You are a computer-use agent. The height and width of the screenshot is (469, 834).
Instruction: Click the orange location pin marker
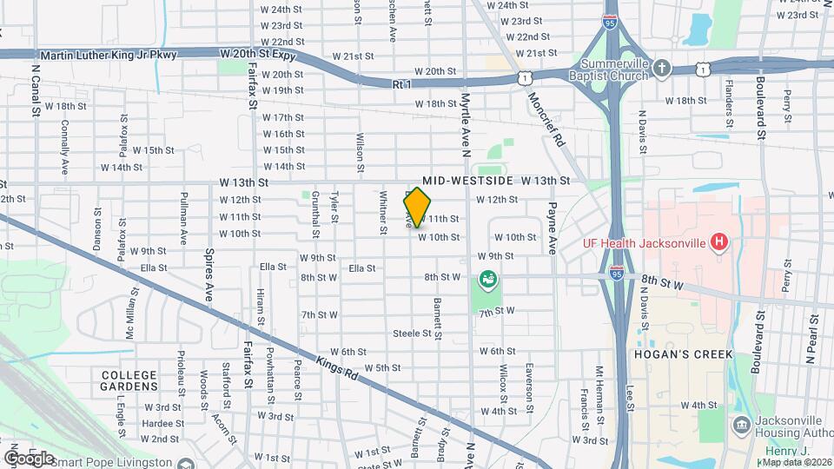[418, 207]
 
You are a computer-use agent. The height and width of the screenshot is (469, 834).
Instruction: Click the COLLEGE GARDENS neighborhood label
[129, 380]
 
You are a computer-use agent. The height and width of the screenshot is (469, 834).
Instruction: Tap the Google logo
[28, 458]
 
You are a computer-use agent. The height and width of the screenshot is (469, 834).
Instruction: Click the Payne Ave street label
[551, 228]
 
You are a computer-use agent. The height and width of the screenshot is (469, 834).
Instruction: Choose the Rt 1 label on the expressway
[400, 84]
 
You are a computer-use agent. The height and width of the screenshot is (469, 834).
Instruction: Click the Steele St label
[413, 334]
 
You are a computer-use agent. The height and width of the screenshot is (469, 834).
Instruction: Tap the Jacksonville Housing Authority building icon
[741, 425]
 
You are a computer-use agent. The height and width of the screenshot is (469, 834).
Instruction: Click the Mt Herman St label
[599, 388]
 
